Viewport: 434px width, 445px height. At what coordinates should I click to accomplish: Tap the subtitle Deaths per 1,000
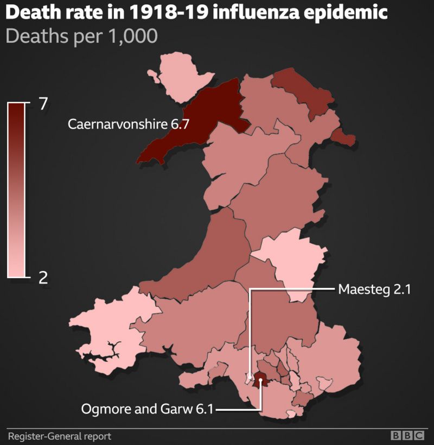point(81,36)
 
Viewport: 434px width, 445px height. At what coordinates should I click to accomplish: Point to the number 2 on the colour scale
point(44,277)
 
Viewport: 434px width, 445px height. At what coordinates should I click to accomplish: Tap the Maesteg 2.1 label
point(374,289)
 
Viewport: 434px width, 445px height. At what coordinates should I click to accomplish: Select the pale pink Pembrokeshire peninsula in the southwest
point(108,331)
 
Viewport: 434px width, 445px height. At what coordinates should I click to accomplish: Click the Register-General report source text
point(59,436)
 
